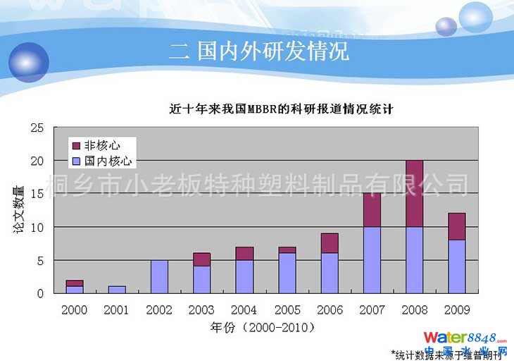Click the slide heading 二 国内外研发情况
(x=259, y=51)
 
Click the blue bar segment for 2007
(x=372, y=259)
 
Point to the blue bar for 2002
(x=159, y=276)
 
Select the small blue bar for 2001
(x=116, y=289)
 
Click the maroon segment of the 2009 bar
(x=457, y=226)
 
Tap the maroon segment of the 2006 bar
(x=330, y=243)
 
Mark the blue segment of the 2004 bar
(x=244, y=276)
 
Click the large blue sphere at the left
(x=28, y=61)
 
